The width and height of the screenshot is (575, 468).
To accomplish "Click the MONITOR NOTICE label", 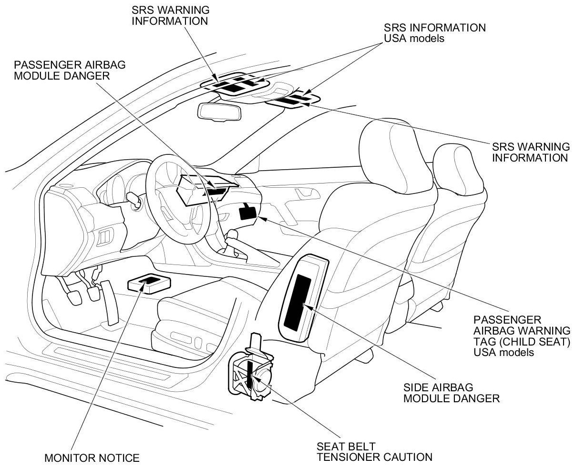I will point(92,458).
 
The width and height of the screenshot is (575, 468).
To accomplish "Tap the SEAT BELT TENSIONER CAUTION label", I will point(374,452).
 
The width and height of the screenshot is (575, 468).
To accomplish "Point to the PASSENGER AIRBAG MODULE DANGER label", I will point(70,70).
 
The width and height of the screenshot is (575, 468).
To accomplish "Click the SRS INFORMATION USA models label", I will point(435,33).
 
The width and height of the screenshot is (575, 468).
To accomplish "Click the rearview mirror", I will point(220,111).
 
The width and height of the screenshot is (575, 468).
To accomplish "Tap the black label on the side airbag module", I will point(298,301).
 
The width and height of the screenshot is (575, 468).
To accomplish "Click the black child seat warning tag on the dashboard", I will point(247,211).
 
